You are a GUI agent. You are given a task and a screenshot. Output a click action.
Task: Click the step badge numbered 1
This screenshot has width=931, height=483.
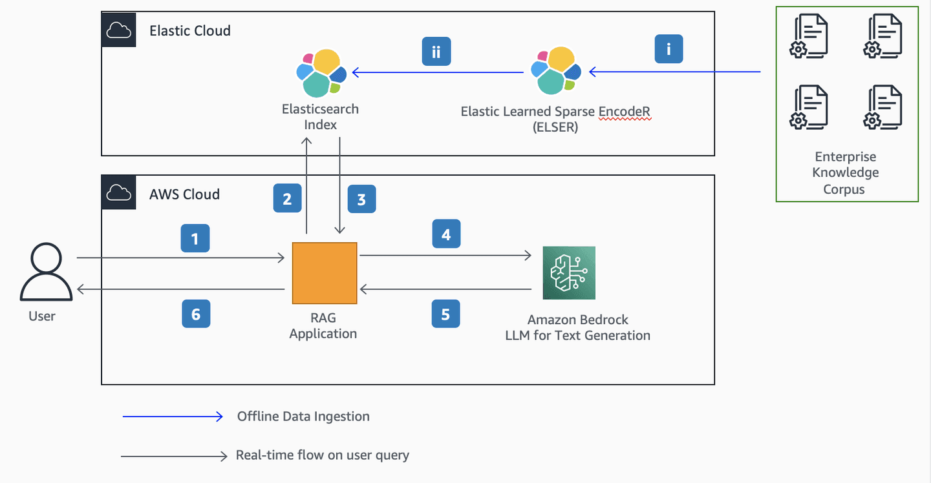click(x=195, y=240)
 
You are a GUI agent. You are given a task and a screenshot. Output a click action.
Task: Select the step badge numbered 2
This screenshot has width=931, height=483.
click(x=288, y=200)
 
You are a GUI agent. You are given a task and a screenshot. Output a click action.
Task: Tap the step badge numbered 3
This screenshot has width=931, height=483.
click(x=361, y=200)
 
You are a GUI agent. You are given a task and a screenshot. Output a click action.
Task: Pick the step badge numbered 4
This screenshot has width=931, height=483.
click(x=446, y=234)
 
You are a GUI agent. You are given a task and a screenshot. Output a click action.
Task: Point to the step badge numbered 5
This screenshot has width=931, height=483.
click(x=446, y=314)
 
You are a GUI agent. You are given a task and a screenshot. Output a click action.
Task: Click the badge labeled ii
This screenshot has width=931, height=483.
click(x=436, y=52)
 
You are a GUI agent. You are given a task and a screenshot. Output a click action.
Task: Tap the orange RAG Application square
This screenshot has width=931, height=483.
click(x=325, y=273)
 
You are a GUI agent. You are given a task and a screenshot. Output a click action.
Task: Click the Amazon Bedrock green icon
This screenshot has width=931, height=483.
click(x=569, y=272)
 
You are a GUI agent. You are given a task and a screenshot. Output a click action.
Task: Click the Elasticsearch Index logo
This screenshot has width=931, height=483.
click(x=321, y=73)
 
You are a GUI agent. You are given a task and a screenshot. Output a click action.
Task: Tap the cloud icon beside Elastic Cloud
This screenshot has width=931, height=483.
click(x=119, y=30)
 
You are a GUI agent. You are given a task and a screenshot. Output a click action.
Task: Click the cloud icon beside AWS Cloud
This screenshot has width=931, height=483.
click(x=119, y=192)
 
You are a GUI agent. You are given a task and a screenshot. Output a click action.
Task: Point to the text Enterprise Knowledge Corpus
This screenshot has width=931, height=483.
click(x=846, y=173)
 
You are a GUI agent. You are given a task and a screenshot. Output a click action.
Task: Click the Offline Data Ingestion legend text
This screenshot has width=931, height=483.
click(x=303, y=416)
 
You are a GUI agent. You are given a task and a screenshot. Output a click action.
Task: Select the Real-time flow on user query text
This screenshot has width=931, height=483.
click(x=323, y=455)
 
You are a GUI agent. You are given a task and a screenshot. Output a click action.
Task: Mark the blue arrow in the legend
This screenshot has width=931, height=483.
click(x=173, y=417)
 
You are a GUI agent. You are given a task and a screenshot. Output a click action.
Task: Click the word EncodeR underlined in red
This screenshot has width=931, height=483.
click(x=624, y=112)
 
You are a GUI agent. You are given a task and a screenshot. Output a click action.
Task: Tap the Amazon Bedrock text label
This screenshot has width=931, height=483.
click(x=577, y=320)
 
